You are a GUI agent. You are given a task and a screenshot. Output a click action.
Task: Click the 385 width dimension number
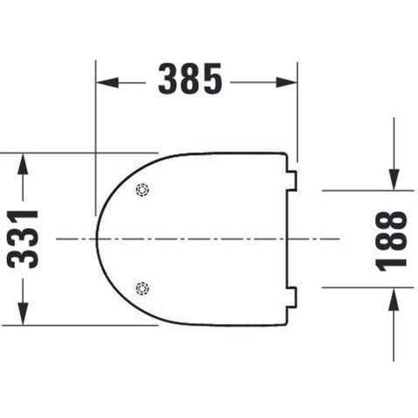click(190, 78)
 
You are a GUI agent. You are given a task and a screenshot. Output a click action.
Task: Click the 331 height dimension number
click(23, 239)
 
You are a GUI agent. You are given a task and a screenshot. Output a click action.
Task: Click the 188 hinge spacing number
click(391, 241)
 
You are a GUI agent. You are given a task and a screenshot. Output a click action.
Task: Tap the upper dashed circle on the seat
click(142, 190)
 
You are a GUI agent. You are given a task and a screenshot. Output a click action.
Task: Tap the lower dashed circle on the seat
click(142, 288)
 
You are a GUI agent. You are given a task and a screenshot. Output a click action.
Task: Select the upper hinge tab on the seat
click(292, 181)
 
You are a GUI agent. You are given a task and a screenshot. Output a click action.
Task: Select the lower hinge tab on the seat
click(292, 297)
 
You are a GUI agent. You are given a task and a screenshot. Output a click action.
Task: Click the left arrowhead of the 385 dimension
click(107, 83)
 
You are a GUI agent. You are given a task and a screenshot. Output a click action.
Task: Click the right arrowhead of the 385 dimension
click(287, 83)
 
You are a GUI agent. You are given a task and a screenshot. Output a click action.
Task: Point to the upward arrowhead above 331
click(23, 164)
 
